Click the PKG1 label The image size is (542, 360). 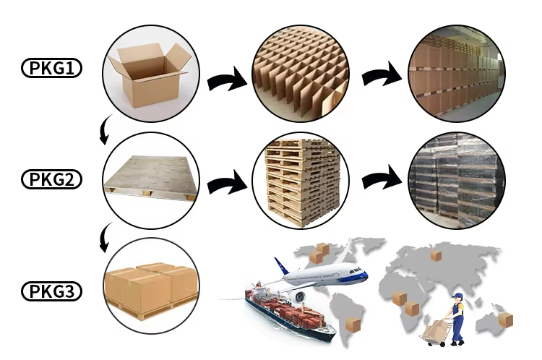coord(51,69)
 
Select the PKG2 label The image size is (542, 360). coord(51,179)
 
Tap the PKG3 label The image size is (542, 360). coord(51,292)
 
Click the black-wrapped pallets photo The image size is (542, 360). coord(455,179)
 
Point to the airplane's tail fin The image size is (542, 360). coord(282,267)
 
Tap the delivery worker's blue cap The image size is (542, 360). coord(458,296)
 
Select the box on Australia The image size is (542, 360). coord(505,319)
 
